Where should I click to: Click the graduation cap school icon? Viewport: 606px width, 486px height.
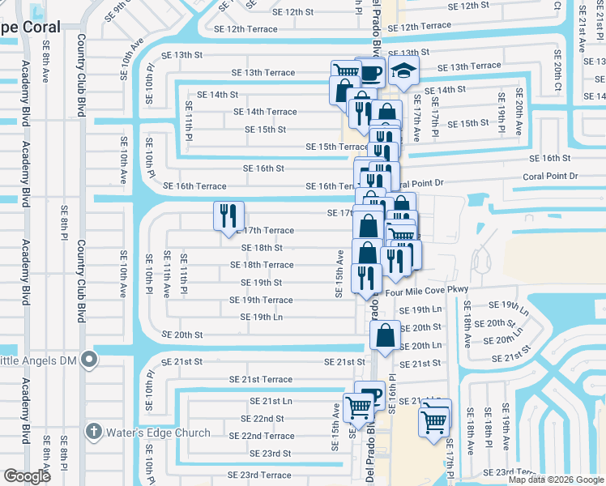point(402,72)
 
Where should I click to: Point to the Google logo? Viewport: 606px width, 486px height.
point(27,476)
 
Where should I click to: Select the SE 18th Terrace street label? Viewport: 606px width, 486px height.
point(262,265)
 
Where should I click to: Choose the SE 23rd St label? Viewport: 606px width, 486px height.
point(270,454)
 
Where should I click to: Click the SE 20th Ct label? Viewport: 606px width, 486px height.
point(557,70)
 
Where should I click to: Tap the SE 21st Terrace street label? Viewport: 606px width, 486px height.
point(260,379)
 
